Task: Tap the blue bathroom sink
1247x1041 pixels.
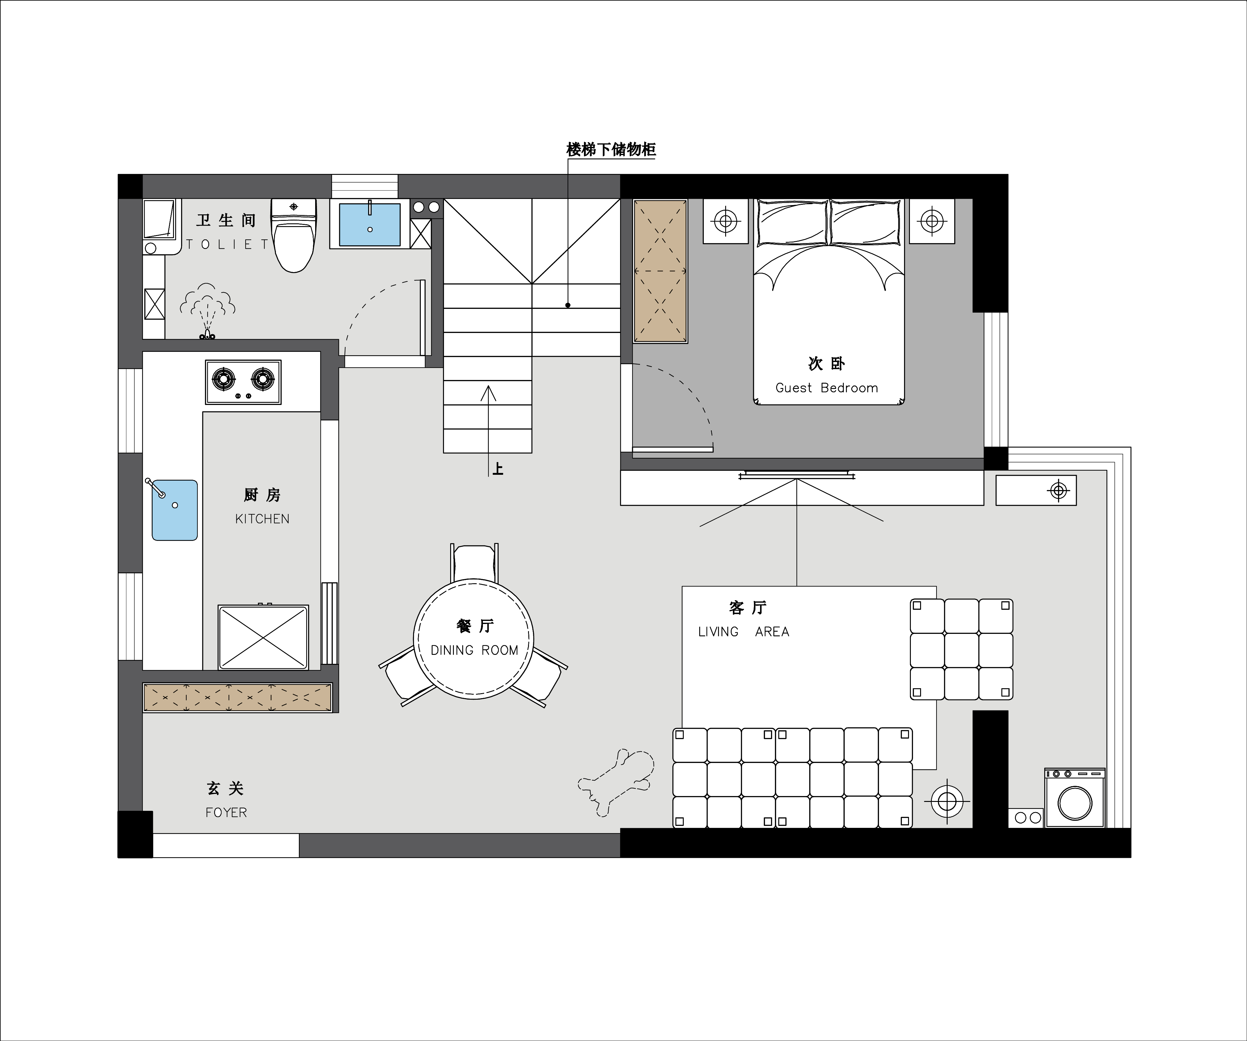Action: (369, 225)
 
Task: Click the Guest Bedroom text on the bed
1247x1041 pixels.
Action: (826, 388)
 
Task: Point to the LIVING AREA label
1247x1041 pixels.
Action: (743, 632)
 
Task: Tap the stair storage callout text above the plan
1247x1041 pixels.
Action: (611, 150)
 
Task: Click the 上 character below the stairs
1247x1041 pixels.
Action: (498, 469)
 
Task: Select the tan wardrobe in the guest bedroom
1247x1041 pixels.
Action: (660, 271)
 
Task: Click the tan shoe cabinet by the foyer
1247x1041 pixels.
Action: (238, 697)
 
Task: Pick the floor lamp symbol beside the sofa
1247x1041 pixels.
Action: (947, 802)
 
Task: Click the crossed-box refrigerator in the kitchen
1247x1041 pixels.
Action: (263, 637)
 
